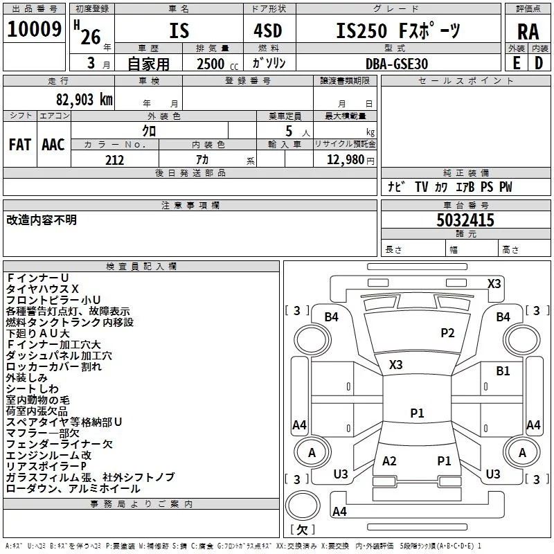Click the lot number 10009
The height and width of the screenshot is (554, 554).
pyautogui.click(x=34, y=29)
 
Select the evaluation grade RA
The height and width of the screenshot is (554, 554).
pyautogui.click(x=528, y=32)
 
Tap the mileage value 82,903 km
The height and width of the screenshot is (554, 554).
pyautogui.click(x=84, y=100)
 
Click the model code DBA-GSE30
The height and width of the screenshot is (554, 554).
pyautogui.click(x=397, y=64)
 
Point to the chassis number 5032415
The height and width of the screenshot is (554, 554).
pyautogui.click(x=465, y=220)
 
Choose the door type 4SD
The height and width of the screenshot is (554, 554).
pyautogui.click(x=268, y=30)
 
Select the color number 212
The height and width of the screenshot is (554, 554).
pyautogui.click(x=114, y=160)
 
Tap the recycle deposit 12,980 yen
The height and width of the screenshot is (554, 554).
pyautogui.click(x=350, y=160)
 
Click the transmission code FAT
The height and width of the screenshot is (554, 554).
pyautogui.click(x=20, y=145)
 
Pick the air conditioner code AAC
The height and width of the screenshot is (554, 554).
pyautogui.click(x=53, y=145)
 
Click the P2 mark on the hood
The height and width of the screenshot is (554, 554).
pyautogui.click(x=447, y=333)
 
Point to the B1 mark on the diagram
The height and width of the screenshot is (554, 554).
pyautogui.click(x=503, y=371)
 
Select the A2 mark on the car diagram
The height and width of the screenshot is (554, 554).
pyautogui.click(x=389, y=461)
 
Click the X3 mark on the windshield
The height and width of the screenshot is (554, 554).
pyautogui.click(x=395, y=365)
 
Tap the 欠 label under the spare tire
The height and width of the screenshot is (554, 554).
pyautogui.click(x=303, y=530)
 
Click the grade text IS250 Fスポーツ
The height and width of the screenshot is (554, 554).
pyautogui.click(x=398, y=30)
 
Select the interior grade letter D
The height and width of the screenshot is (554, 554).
pyautogui.click(x=539, y=63)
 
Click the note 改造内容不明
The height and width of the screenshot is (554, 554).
pyautogui.click(x=42, y=220)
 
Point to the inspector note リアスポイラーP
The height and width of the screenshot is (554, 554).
pyautogui.click(x=46, y=466)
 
